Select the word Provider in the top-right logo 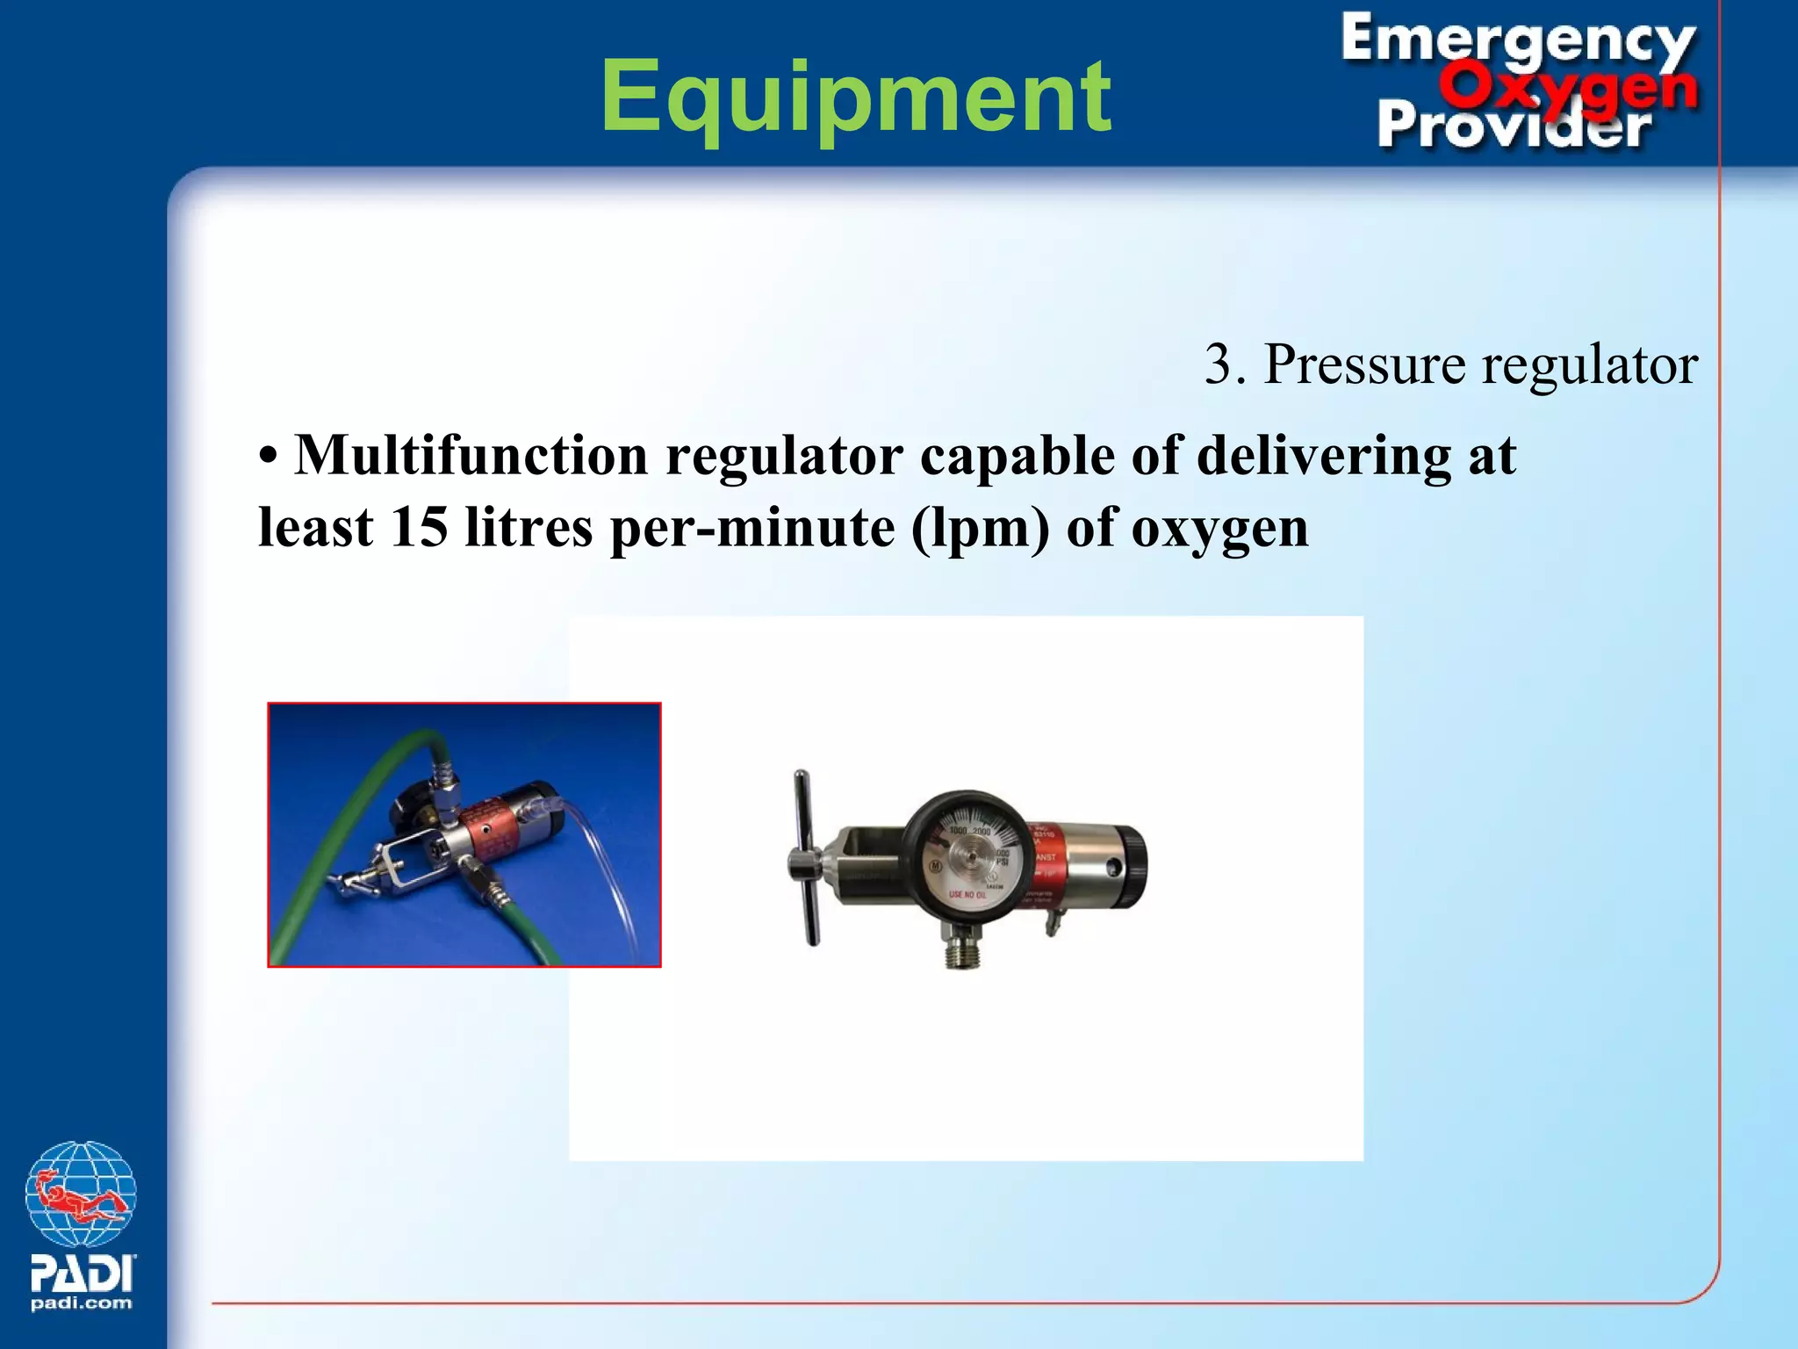point(1514,126)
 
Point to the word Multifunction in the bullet point(470,456)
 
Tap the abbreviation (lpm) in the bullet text point(980,529)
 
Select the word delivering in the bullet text point(1324,456)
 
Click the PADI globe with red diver point(81,1194)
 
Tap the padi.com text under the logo point(82,1303)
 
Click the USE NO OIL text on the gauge point(967,895)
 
